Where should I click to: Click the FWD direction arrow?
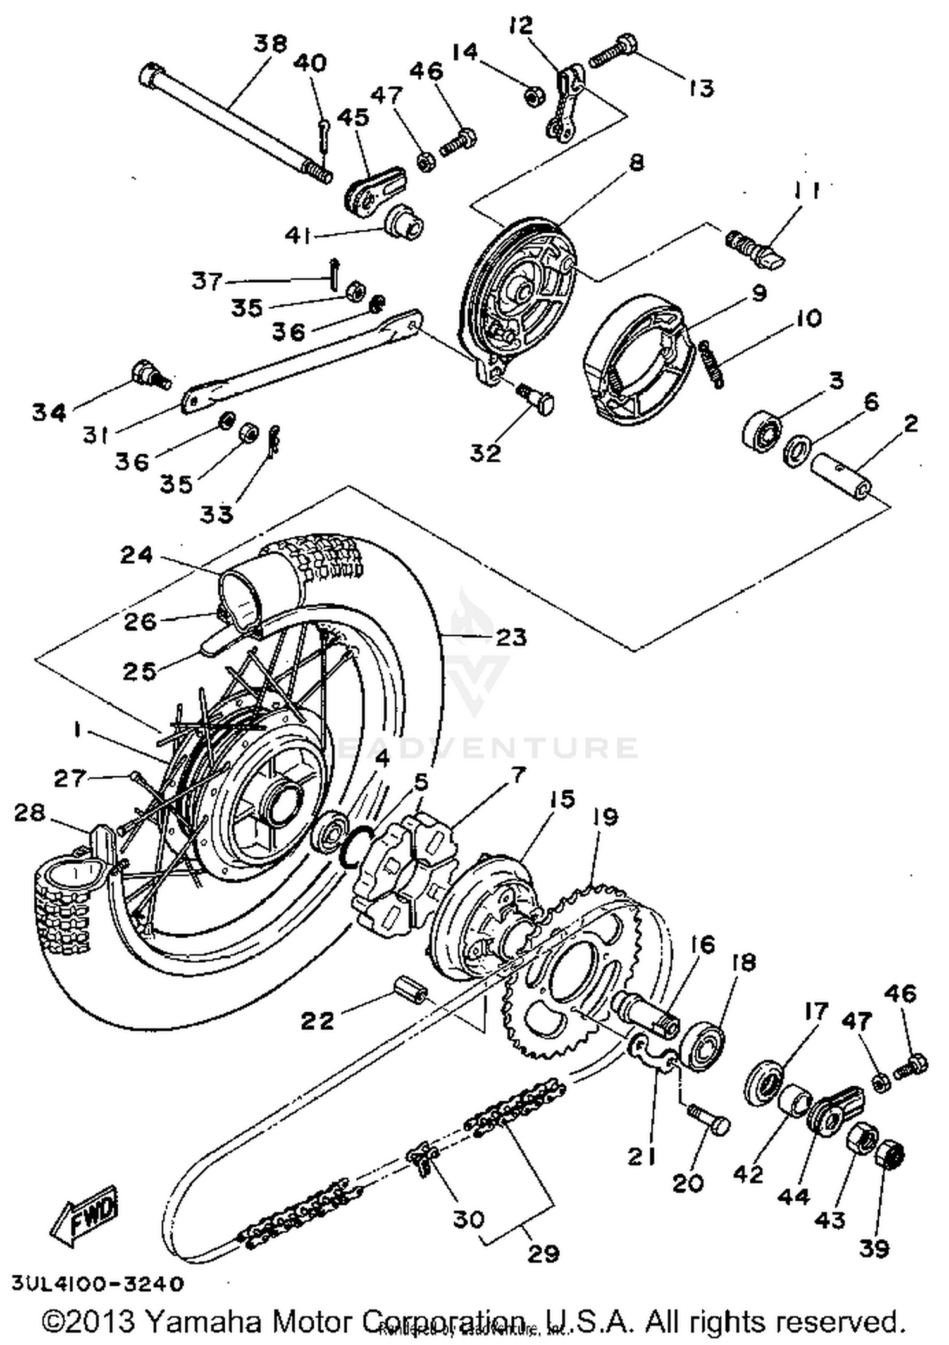[84, 1216]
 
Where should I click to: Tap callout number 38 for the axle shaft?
[270, 44]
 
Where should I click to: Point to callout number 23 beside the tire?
[511, 636]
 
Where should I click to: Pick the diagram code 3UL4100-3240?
[98, 1284]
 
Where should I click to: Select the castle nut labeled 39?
[890, 1157]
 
